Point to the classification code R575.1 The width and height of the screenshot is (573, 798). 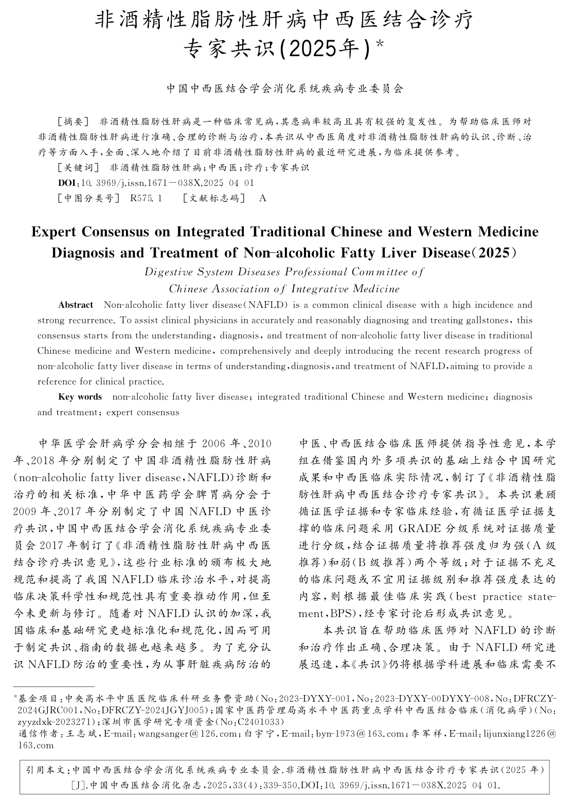(x=147, y=198)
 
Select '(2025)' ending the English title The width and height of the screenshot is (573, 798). (x=500, y=253)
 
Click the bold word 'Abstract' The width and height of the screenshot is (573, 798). (x=76, y=305)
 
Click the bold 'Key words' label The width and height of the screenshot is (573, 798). (x=80, y=397)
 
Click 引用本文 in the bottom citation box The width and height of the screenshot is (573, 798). (x=46, y=771)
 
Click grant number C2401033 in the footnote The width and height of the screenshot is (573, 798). (x=254, y=722)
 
